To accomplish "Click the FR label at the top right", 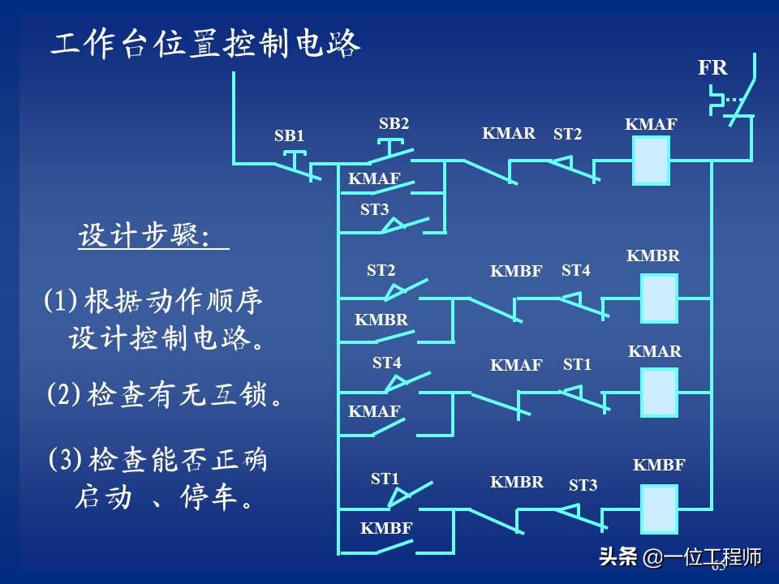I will [x=712, y=68].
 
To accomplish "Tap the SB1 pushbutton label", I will [x=289, y=135].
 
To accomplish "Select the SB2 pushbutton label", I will [x=394, y=124].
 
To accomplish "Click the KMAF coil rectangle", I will [x=651, y=161].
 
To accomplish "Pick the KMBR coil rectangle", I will [x=659, y=298].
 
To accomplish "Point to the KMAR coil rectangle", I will [x=659, y=393].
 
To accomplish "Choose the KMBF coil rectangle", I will [x=659, y=509].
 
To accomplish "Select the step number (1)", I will [x=59, y=303].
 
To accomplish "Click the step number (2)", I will [x=63, y=395].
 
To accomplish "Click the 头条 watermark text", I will [x=618, y=558].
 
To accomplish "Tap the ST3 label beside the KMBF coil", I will [x=583, y=485].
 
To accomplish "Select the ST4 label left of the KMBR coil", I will [x=575, y=271].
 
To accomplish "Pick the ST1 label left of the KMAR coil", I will [x=577, y=365].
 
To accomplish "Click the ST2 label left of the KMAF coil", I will [x=567, y=135].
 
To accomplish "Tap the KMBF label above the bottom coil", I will [x=659, y=465].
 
